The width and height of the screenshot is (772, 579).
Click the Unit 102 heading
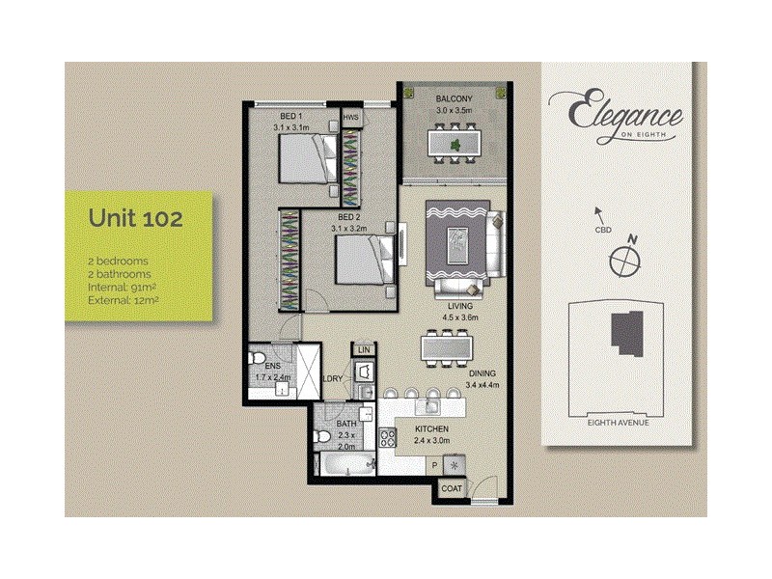click(x=136, y=218)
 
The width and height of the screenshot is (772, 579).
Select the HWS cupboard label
click(x=350, y=121)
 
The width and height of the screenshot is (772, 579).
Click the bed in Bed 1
click(x=308, y=157)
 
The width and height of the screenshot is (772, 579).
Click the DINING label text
click(x=482, y=373)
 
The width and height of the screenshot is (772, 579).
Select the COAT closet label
click(x=453, y=488)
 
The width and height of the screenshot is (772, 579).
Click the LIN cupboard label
click(x=364, y=348)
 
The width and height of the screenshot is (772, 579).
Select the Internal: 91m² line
click(x=121, y=288)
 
